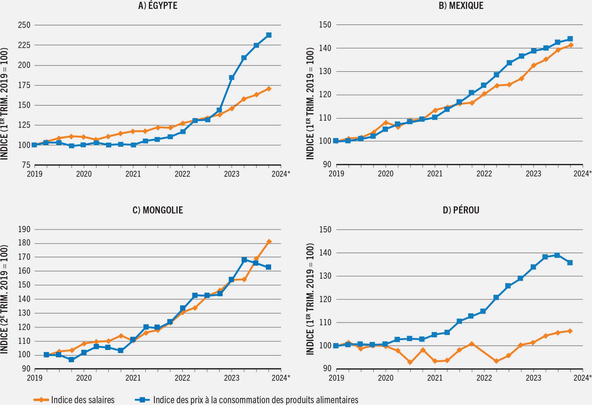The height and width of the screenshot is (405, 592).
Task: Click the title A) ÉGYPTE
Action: pyautogui.click(x=158, y=6)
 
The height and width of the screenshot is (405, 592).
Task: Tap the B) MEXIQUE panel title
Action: pyautogui.click(x=461, y=6)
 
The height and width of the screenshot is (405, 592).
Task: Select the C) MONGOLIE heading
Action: pyautogui.click(x=158, y=210)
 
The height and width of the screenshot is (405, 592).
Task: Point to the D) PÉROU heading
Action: pyautogui.click(x=461, y=210)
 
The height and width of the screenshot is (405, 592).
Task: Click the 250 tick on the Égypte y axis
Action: pyautogui.click(x=24, y=25)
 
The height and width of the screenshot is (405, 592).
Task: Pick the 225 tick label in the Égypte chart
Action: pyautogui.click(x=24, y=45)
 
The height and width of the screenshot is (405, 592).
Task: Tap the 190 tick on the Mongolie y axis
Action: pyautogui.click(x=24, y=229)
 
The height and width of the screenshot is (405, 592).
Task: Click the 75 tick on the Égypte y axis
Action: pyautogui.click(x=26, y=165)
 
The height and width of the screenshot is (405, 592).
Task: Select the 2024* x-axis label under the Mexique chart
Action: pyautogui.click(x=582, y=174)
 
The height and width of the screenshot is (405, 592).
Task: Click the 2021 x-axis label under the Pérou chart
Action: pyautogui.click(x=435, y=378)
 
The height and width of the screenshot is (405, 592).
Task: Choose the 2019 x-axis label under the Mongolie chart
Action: pyautogui.click(x=35, y=378)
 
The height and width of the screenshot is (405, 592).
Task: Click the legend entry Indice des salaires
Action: pyautogui.click(x=83, y=400)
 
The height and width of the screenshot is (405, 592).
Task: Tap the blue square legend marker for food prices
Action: pyautogui.click(x=143, y=400)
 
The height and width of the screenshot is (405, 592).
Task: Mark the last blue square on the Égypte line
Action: pyautogui.click(x=269, y=35)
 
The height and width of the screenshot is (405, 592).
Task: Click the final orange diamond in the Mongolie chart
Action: pyautogui.click(x=269, y=242)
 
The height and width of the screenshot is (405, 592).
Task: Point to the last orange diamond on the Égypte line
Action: pyautogui.click(x=269, y=89)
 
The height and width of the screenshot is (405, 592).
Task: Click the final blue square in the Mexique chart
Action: pyautogui.click(x=570, y=39)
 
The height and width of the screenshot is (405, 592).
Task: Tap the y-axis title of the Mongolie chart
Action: pyautogui.click(x=4, y=299)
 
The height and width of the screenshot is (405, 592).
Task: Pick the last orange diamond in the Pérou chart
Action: pyautogui.click(x=570, y=331)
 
